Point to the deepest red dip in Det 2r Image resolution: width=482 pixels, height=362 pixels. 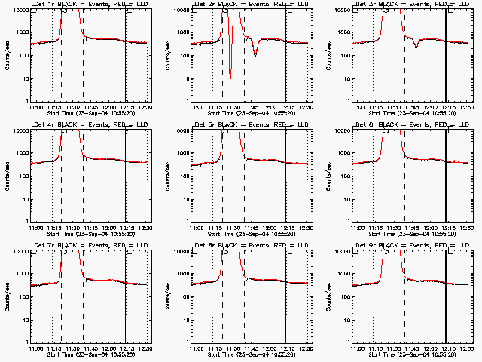230,80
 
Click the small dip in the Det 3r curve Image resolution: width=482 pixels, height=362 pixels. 416,48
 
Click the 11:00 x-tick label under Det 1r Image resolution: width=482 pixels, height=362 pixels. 35,108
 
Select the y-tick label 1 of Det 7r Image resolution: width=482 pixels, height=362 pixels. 26,341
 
